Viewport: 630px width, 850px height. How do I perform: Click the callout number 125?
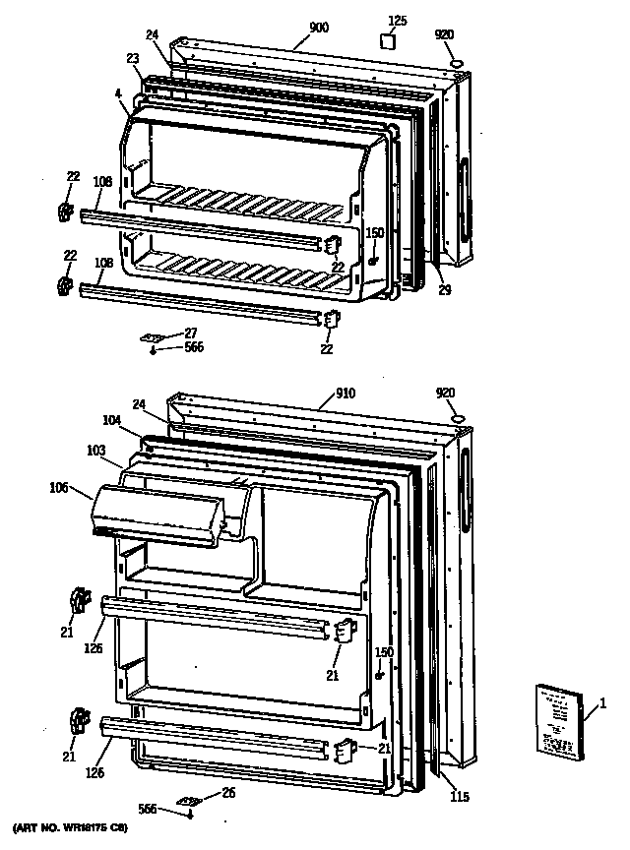pyautogui.click(x=397, y=20)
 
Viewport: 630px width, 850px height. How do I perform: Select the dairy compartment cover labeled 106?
pyautogui.click(x=157, y=515)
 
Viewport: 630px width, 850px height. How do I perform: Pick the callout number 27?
pyautogui.click(x=190, y=333)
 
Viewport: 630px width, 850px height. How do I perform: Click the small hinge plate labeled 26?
pyautogui.click(x=188, y=802)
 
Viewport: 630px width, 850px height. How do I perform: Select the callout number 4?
pyautogui.click(x=117, y=95)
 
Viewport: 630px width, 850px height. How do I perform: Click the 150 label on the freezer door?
pyautogui.click(x=374, y=233)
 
